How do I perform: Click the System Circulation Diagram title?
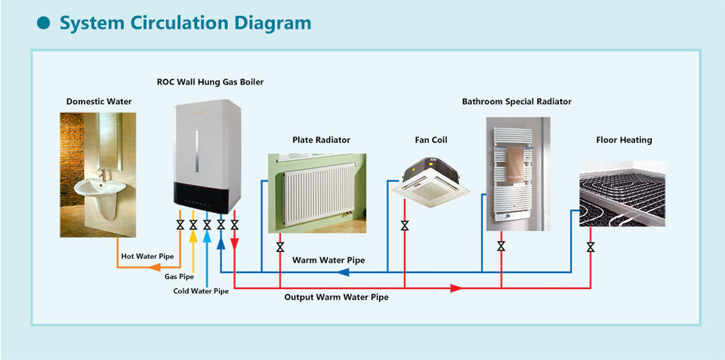(186, 23)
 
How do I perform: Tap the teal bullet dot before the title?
(44, 23)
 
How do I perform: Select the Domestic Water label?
(99, 101)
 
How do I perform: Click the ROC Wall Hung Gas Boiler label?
(211, 82)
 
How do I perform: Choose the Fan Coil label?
(431, 140)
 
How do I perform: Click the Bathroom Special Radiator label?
(517, 101)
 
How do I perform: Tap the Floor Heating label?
(625, 140)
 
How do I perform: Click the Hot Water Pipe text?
(147, 256)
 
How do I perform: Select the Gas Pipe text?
(179, 277)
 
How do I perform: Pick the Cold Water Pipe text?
(201, 291)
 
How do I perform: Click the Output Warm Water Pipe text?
(336, 297)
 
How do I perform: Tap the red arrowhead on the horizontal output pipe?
(456, 288)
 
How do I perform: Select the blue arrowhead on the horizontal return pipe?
(343, 272)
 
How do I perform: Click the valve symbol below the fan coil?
(405, 226)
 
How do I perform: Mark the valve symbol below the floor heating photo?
(591, 247)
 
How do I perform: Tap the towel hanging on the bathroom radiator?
(516, 165)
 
